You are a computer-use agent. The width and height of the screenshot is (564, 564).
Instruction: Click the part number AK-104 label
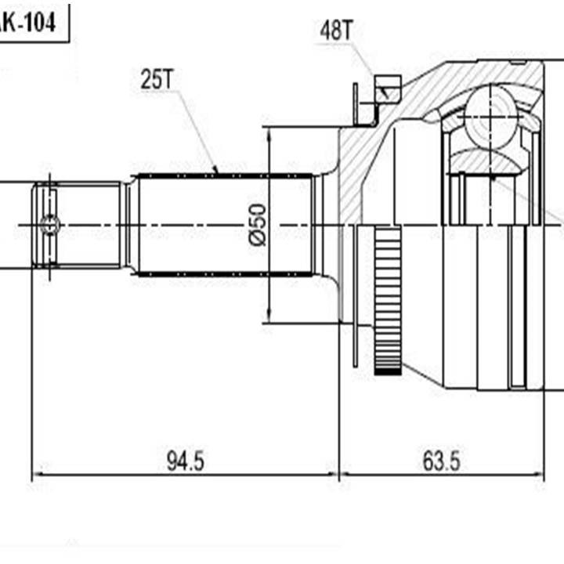28,23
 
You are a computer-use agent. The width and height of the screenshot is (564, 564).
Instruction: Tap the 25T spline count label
157,78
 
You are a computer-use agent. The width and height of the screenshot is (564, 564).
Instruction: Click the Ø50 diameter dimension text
259,225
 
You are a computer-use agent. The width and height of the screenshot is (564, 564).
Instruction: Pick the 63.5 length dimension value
441,461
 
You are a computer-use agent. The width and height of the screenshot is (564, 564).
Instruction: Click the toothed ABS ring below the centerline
387,298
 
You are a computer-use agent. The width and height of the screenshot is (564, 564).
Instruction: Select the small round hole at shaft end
50,225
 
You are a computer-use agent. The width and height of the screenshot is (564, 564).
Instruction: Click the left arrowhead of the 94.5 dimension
36,475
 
